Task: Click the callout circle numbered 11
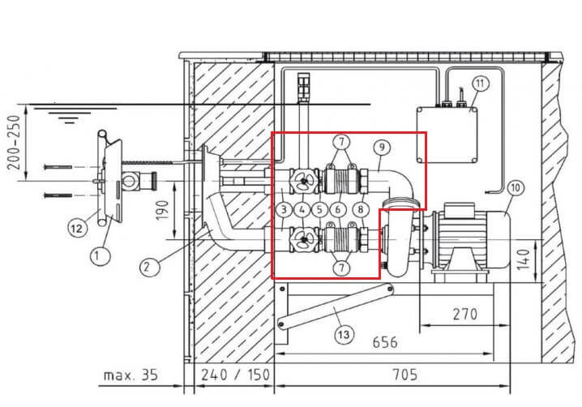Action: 481,84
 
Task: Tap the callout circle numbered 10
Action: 516,188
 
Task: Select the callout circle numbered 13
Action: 344,335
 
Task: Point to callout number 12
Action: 77,229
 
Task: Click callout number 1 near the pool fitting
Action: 101,255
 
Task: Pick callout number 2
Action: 149,267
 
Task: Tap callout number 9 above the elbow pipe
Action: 382,148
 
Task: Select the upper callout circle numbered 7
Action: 341,142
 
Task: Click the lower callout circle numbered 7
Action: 341,268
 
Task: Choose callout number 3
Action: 284,210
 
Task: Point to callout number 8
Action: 361,210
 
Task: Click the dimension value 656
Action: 385,342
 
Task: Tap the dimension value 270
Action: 465,314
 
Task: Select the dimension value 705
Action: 405,375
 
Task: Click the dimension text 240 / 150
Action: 235,375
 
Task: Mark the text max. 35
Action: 131,375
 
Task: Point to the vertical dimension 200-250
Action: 14,142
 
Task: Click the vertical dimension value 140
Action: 524,260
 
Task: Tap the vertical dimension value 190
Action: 163,210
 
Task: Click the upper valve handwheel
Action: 304,181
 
